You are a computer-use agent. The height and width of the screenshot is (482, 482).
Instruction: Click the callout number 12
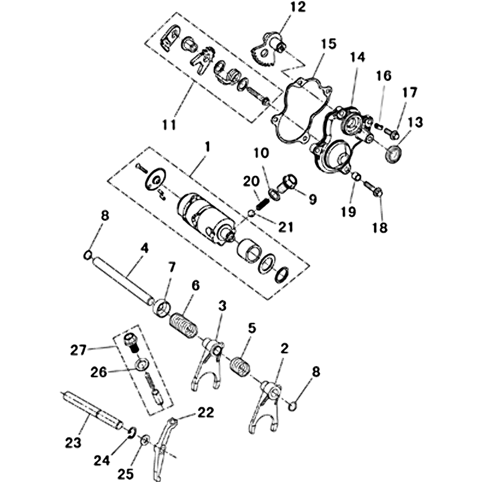pos(298,7)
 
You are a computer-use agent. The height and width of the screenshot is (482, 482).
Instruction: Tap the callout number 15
pos(328,43)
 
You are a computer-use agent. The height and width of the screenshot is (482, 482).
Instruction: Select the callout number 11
pos(169,125)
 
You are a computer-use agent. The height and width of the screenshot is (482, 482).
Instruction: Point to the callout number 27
pos(78,350)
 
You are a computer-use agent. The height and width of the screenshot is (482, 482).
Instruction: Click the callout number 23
pos(73,443)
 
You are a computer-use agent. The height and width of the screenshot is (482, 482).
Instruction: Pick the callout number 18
pos(380,228)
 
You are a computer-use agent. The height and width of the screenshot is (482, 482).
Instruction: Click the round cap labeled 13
pos(394,154)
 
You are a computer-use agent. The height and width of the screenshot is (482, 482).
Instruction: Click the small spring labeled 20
pos(263,204)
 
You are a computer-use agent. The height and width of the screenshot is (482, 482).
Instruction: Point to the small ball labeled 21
pos(251,213)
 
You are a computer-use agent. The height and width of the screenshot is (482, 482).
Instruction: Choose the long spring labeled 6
pos(183,326)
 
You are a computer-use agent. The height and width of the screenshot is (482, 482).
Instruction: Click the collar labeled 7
pos(161,308)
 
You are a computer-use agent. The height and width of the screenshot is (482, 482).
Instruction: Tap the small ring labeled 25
pos(145,440)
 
